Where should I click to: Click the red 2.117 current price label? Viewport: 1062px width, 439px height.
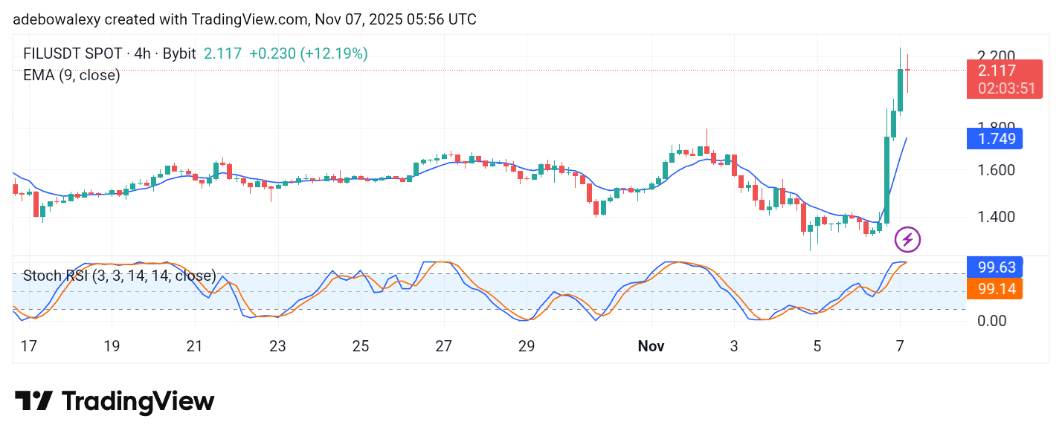pos(997,71)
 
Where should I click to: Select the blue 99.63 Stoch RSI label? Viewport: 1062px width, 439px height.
pos(995,267)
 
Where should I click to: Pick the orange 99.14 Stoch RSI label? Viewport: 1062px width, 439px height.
pos(995,288)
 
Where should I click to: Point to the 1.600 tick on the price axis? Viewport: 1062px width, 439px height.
pos(995,170)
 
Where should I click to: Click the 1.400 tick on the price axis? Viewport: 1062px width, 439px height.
pos(995,218)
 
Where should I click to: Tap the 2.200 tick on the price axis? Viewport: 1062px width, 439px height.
pos(995,56)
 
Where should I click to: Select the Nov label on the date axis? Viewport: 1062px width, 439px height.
pos(651,346)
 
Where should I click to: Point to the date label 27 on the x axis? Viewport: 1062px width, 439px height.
pos(444,346)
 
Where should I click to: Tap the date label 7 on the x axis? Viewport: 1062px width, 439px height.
pos(900,346)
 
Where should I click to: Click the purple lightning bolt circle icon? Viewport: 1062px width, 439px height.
pos(907,240)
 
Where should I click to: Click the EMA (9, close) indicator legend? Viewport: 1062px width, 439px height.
pos(71,75)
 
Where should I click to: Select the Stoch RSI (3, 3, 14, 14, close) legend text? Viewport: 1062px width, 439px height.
pos(119,276)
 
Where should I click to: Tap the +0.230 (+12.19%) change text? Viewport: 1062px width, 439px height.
pos(308,53)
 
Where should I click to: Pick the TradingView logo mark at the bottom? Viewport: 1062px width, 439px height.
pos(33,401)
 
